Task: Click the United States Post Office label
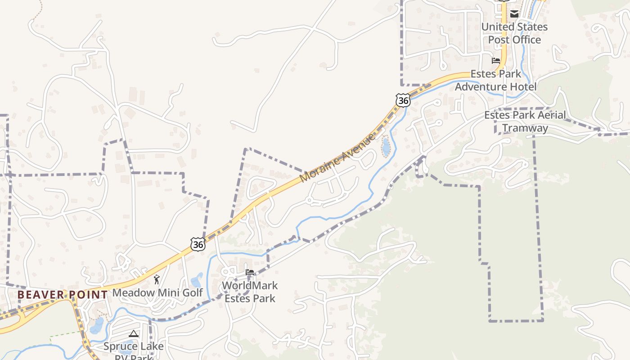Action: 514,33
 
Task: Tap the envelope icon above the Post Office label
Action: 514,14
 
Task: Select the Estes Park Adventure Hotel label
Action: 495,80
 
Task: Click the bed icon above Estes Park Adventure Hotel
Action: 496,60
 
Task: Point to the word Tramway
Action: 525,128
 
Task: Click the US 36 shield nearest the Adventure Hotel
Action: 403,100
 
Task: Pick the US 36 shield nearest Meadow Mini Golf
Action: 198,244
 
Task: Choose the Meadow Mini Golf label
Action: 157,292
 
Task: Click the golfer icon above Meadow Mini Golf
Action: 157,279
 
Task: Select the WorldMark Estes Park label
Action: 250,292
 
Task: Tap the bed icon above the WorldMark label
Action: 250,272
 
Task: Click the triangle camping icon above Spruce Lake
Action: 133,334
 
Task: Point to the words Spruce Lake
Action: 134,346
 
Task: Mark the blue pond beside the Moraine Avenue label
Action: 386,146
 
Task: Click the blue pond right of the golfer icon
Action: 197,280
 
